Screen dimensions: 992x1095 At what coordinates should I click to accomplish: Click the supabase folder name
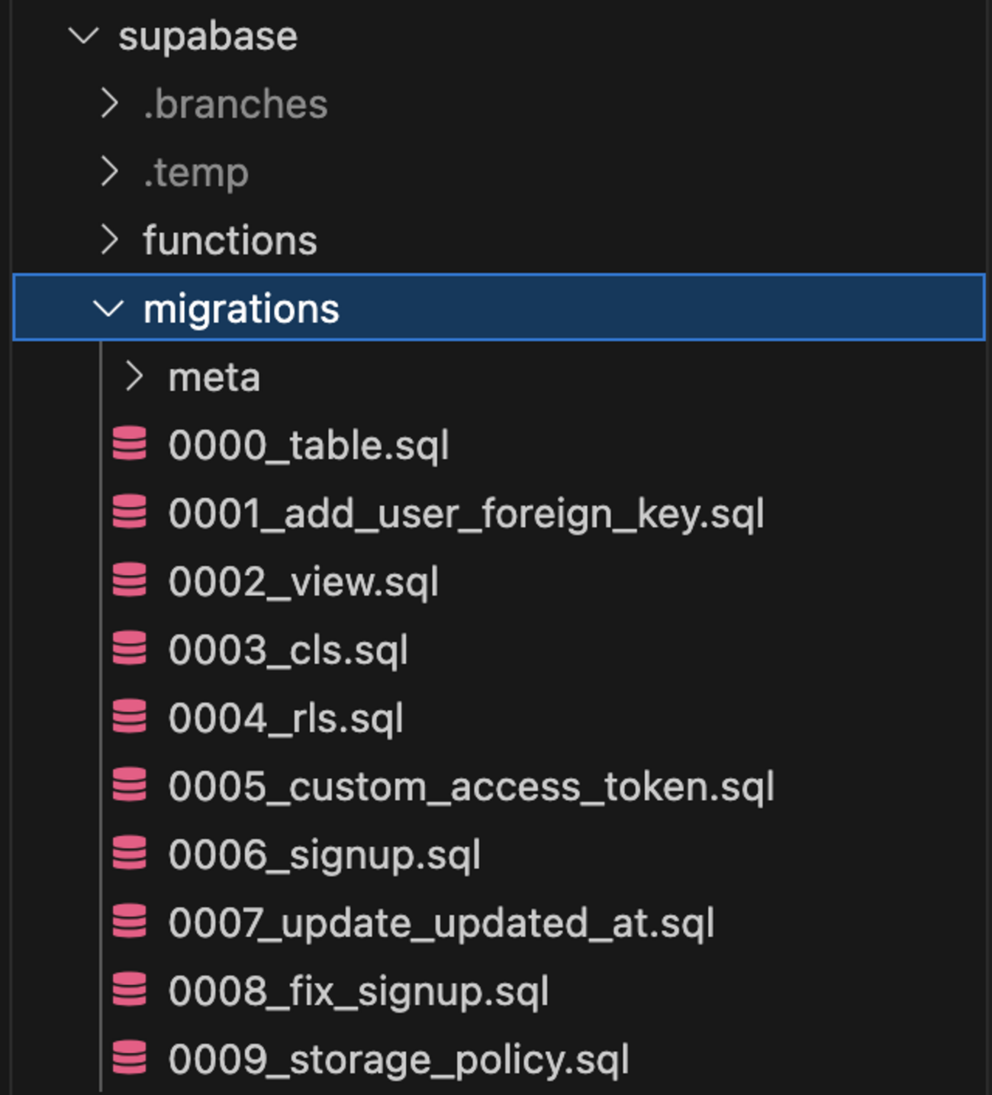(208, 37)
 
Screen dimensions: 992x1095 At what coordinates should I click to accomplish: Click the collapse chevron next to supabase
(83, 35)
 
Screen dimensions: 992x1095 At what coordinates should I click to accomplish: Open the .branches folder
(235, 105)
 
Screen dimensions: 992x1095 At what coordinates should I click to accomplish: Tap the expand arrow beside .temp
(110, 172)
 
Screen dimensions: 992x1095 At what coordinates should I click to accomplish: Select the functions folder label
(230, 241)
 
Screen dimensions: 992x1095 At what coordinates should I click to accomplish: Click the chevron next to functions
(110, 240)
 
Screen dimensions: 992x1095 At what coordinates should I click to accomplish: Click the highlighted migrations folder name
(241, 309)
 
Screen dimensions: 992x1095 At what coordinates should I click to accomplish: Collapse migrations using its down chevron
(108, 308)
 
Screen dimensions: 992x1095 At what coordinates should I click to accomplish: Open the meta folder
(214, 377)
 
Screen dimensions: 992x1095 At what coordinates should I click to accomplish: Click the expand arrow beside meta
(134, 376)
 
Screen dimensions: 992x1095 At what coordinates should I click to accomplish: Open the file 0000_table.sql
(308, 445)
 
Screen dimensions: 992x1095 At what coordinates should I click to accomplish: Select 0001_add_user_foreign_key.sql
(465, 513)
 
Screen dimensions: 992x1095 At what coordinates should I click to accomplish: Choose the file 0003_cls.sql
(288, 650)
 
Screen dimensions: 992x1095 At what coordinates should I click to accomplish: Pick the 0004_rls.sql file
(285, 719)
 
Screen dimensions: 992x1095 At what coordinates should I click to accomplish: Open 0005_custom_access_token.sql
(471, 787)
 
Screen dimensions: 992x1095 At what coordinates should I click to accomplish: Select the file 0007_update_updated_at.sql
(441, 923)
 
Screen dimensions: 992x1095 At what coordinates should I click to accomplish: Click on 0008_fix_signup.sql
(358, 991)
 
